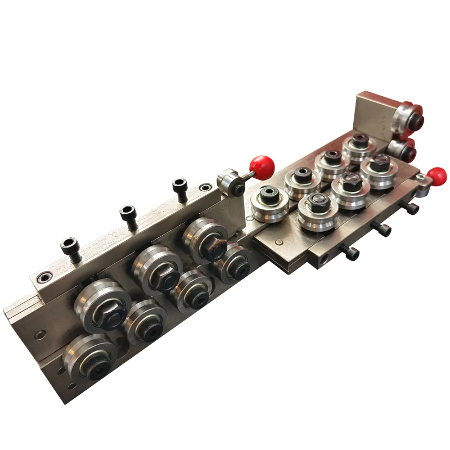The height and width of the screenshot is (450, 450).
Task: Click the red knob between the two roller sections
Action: pos(262,165)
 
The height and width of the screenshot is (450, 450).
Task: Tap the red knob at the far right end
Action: pos(436,176)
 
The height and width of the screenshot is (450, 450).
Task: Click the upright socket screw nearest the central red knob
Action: pos(179,188)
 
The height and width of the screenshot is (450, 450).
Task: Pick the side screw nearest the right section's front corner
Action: pos(349,253)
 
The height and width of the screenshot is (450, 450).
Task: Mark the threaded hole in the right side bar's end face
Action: pos(323,260)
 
